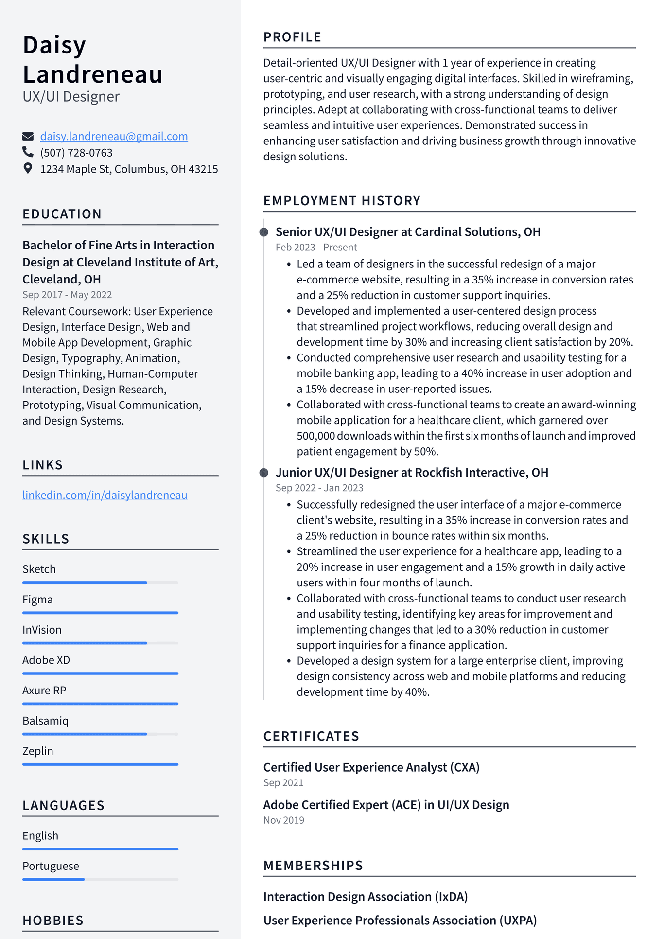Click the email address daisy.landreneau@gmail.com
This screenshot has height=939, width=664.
pos(114,137)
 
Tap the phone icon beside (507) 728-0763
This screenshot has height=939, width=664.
pos(28,152)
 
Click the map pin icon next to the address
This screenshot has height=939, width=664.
pos(28,168)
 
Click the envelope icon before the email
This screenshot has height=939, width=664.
pos(28,136)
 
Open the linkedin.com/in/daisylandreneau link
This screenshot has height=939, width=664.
pos(105,495)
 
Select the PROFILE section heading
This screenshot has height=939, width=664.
pos(292,37)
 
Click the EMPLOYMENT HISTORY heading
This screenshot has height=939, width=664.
pos(342,201)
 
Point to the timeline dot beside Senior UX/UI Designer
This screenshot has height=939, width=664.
pos(264,232)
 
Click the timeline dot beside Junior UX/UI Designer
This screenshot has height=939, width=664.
pos(264,473)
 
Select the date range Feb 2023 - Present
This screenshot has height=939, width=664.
pos(316,248)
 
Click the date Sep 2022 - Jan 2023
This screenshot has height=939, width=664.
pos(319,488)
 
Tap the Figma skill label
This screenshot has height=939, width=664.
pos(37,600)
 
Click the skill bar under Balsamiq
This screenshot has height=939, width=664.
pos(100,734)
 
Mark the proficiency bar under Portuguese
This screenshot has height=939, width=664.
pos(100,879)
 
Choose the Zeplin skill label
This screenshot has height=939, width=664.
pos(38,751)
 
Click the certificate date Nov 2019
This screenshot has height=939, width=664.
pos(283,820)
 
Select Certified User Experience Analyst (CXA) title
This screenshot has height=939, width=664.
pos(371,767)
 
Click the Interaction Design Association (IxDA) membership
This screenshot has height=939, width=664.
pos(365,897)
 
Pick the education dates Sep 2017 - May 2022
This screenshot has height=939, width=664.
pos(67,295)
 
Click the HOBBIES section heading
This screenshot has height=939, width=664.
pos(53,921)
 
